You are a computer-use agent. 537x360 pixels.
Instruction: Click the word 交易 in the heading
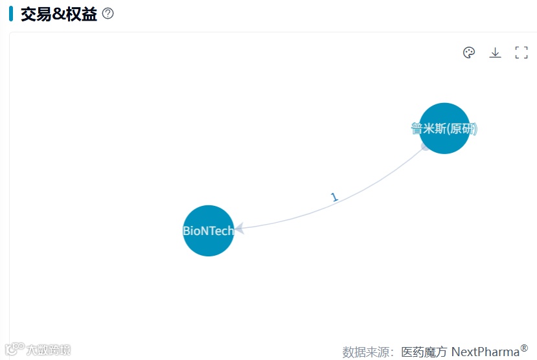click(x=36, y=14)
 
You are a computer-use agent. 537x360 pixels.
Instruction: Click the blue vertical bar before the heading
click(x=11, y=14)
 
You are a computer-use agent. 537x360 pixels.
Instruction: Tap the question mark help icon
click(x=108, y=14)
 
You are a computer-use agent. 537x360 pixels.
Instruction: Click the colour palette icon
click(x=469, y=52)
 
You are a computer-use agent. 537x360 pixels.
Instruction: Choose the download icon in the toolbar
click(x=495, y=52)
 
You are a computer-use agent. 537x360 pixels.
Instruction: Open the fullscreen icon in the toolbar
click(x=521, y=52)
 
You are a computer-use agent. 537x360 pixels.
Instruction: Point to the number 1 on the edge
click(x=334, y=197)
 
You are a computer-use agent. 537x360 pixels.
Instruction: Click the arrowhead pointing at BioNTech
click(x=240, y=228)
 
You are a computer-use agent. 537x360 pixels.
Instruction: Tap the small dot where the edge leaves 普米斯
click(x=424, y=147)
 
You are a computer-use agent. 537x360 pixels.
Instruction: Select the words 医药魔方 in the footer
click(x=424, y=352)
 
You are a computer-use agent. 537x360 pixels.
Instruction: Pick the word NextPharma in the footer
click(x=485, y=352)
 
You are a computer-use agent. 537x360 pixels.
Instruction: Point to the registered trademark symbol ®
click(x=524, y=348)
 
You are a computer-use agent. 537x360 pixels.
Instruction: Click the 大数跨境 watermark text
click(x=49, y=350)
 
